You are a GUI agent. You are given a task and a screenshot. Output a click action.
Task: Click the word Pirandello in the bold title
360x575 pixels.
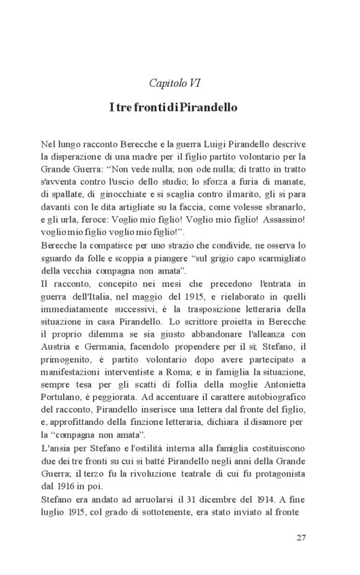tap(210, 107)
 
